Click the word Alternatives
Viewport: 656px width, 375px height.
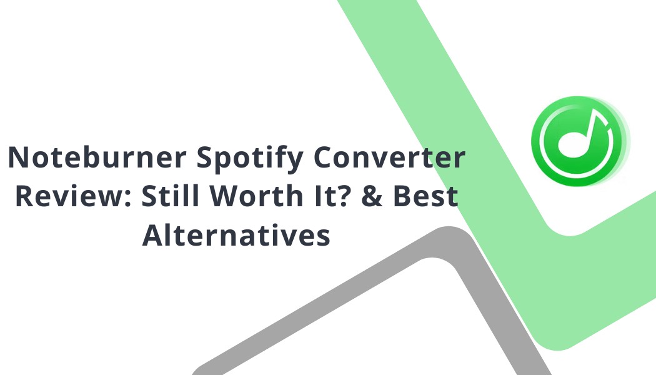[236, 236]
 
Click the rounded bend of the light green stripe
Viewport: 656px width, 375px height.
[556, 228]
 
